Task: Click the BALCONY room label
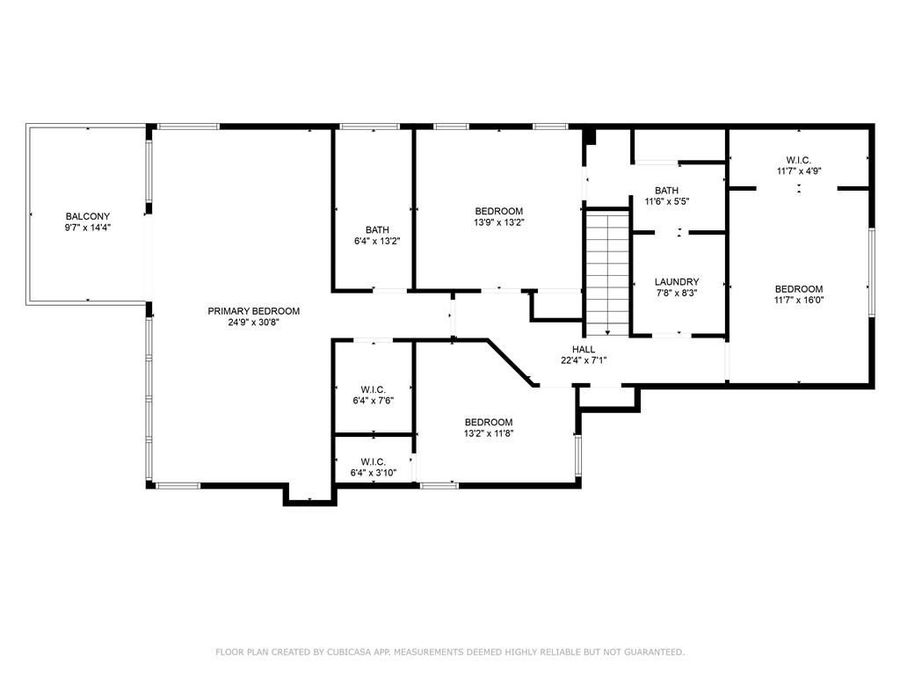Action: click(88, 216)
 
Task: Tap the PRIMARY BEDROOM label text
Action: click(254, 311)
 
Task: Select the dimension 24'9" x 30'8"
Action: click(254, 323)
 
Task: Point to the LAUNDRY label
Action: click(677, 282)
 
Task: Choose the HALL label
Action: click(584, 349)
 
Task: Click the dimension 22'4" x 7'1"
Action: click(584, 360)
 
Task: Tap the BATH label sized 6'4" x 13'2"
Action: click(376, 229)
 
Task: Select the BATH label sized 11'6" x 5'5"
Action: click(667, 190)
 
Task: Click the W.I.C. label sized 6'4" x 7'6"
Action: click(373, 389)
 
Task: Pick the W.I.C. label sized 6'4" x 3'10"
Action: click(373, 461)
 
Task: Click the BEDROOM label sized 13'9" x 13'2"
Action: click(498, 211)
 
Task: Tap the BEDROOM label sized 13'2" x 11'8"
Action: click(488, 422)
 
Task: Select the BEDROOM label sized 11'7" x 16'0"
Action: click(799, 289)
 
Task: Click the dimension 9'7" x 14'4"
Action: click(88, 228)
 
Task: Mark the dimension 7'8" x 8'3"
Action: click(677, 294)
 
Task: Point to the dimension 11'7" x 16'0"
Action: click(799, 300)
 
